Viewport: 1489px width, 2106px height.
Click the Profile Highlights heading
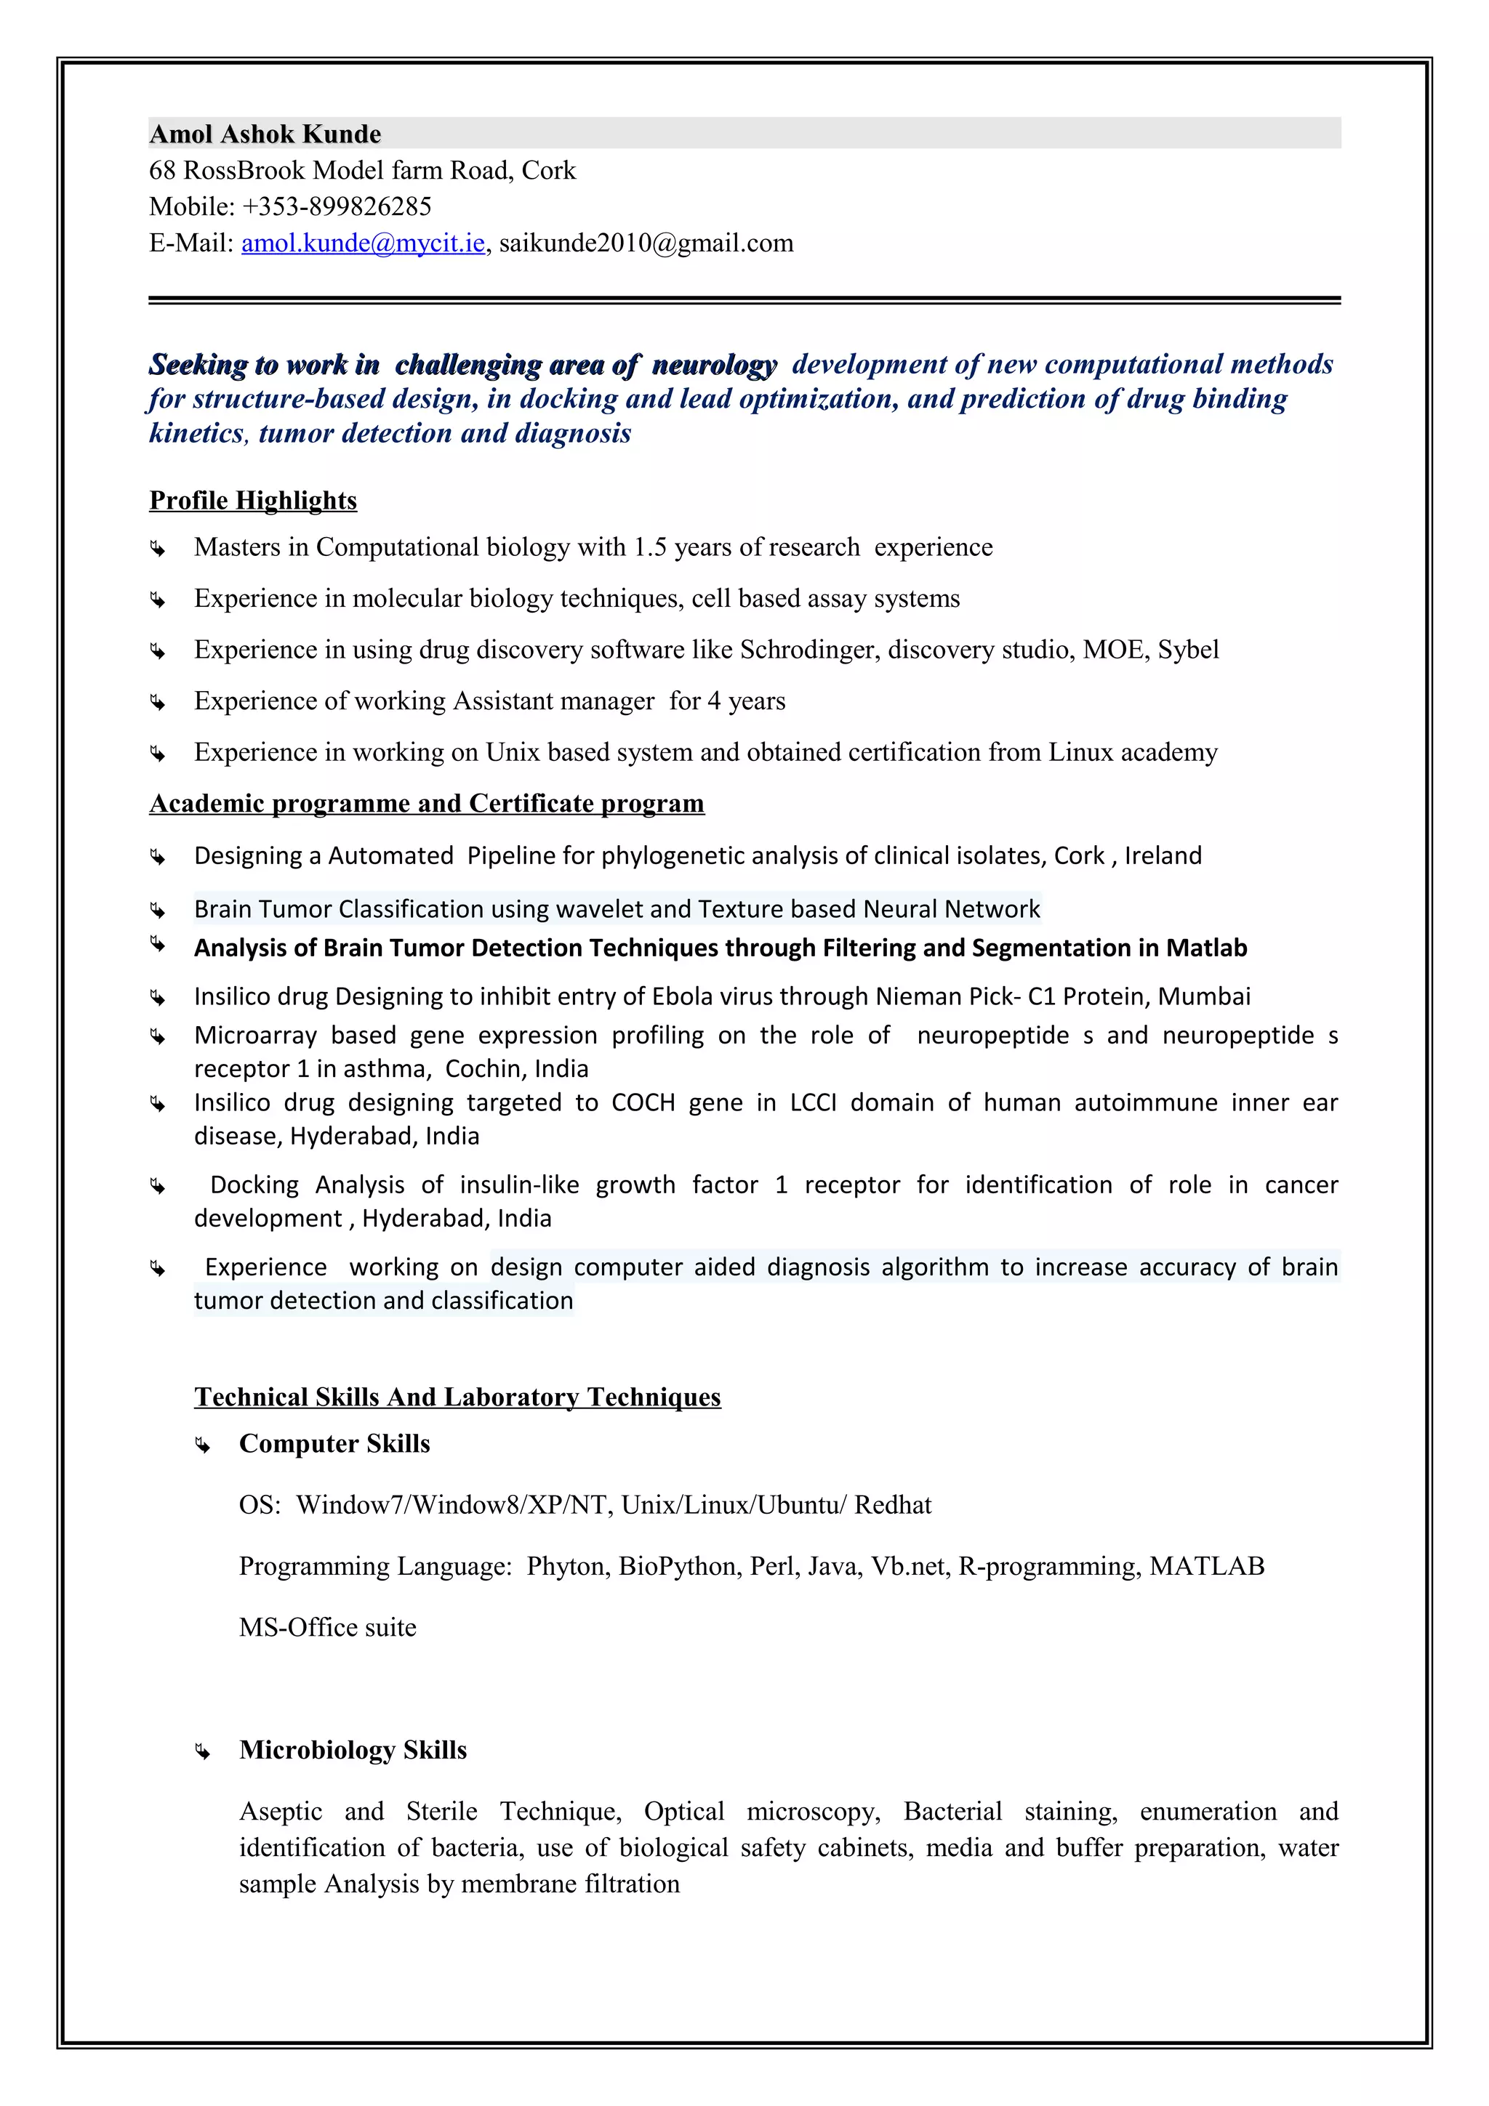(253, 500)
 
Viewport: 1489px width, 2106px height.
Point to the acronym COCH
(643, 1102)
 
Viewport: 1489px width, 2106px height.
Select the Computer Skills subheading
(334, 1444)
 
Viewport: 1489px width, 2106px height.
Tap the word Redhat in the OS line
(893, 1505)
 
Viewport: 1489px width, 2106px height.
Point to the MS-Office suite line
(327, 1627)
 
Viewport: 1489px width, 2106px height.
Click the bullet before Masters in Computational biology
(158, 549)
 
